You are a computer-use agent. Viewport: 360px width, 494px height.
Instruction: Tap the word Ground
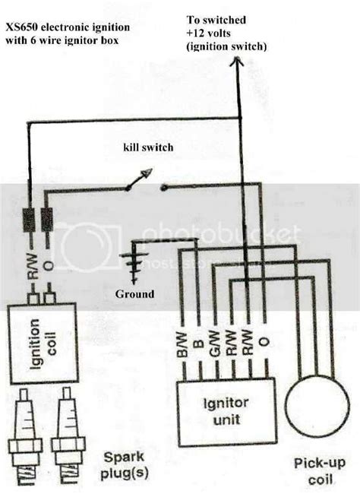point(135,294)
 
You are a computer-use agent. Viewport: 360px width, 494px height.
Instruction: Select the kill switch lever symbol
point(139,181)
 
